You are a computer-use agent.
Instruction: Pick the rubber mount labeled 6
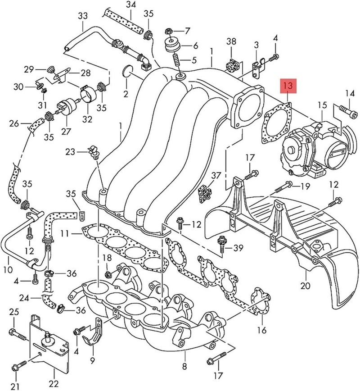[x=172, y=45]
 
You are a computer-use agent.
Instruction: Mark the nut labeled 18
[x=108, y=273]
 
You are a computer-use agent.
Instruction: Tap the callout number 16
[x=261, y=330]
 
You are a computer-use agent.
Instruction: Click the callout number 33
[x=83, y=16]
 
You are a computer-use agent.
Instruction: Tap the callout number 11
[x=65, y=233]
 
